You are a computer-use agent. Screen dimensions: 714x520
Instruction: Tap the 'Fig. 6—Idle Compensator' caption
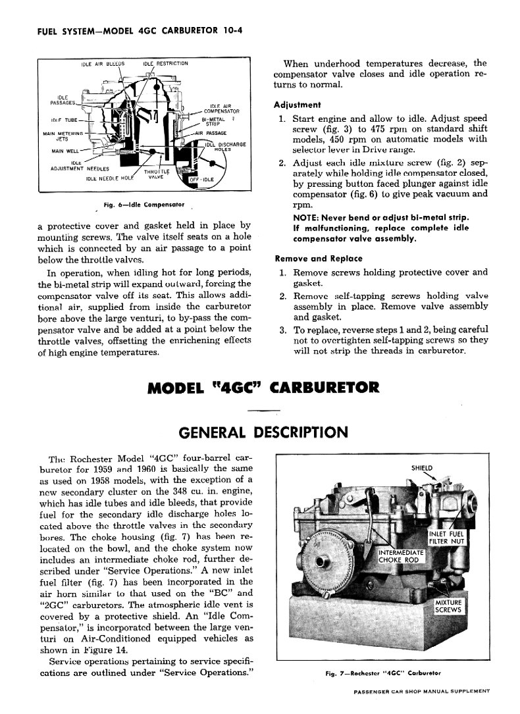click(x=143, y=205)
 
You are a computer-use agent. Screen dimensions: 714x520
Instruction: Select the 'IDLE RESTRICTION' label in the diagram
click(x=165, y=64)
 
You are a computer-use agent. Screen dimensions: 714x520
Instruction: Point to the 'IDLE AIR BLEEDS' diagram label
click(x=103, y=64)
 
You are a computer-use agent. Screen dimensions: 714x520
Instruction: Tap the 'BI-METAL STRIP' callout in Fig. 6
click(x=215, y=120)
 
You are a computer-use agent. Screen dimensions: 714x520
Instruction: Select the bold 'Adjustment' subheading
click(x=297, y=105)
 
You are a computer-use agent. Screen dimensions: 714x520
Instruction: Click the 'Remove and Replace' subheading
click(x=318, y=258)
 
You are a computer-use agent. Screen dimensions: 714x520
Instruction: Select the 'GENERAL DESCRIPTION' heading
click(x=263, y=432)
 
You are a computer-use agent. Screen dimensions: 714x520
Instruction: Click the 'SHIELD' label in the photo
click(x=422, y=469)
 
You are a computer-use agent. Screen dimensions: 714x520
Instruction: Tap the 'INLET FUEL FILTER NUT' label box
click(x=447, y=538)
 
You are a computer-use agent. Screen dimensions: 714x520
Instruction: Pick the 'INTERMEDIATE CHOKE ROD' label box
click(x=400, y=556)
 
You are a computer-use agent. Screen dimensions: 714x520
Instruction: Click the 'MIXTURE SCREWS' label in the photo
click(x=448, y=606)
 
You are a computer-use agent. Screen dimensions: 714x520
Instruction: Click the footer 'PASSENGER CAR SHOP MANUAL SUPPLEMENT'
click(x=421, y=691)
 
